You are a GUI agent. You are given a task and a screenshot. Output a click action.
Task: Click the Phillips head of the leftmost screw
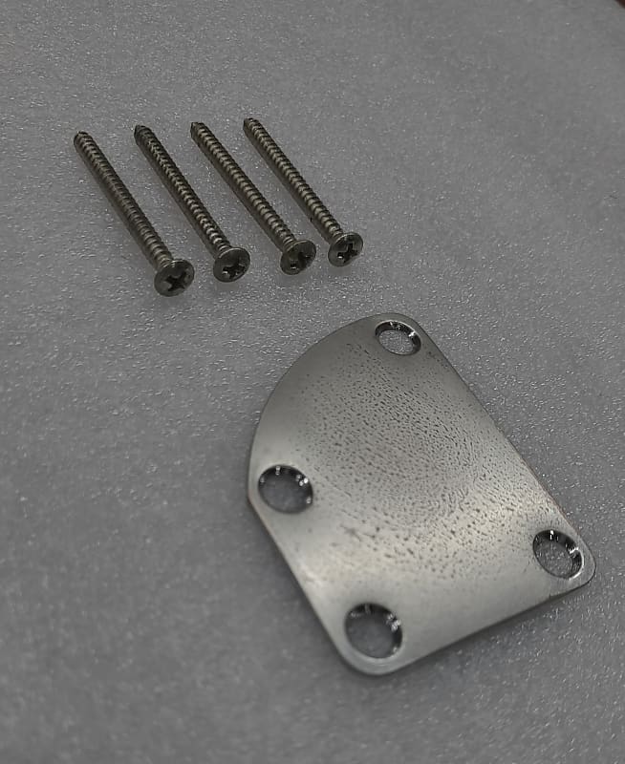click(174, 277)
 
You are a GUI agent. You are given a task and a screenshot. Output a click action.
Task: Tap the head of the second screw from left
click(231, 264)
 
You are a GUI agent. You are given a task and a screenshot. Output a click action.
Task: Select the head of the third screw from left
click(297, 256)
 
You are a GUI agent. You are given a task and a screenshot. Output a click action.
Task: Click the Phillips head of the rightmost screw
click(345, 248)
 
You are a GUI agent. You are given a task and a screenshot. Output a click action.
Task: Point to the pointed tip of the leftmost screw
click(77, 137)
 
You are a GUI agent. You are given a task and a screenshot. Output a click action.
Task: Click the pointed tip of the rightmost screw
click(247, 121)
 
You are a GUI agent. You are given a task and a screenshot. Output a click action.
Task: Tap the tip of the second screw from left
click(138, 129)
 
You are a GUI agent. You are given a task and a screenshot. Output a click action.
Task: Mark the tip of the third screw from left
click(194, 125)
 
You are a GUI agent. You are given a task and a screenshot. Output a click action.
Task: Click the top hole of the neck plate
click(398, 337)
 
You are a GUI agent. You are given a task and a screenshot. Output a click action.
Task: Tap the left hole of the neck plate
click(285, 488)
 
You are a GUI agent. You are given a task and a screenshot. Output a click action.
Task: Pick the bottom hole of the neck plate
click(373, 630)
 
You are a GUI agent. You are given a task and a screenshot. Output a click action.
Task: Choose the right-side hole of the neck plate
click(558, 553)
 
